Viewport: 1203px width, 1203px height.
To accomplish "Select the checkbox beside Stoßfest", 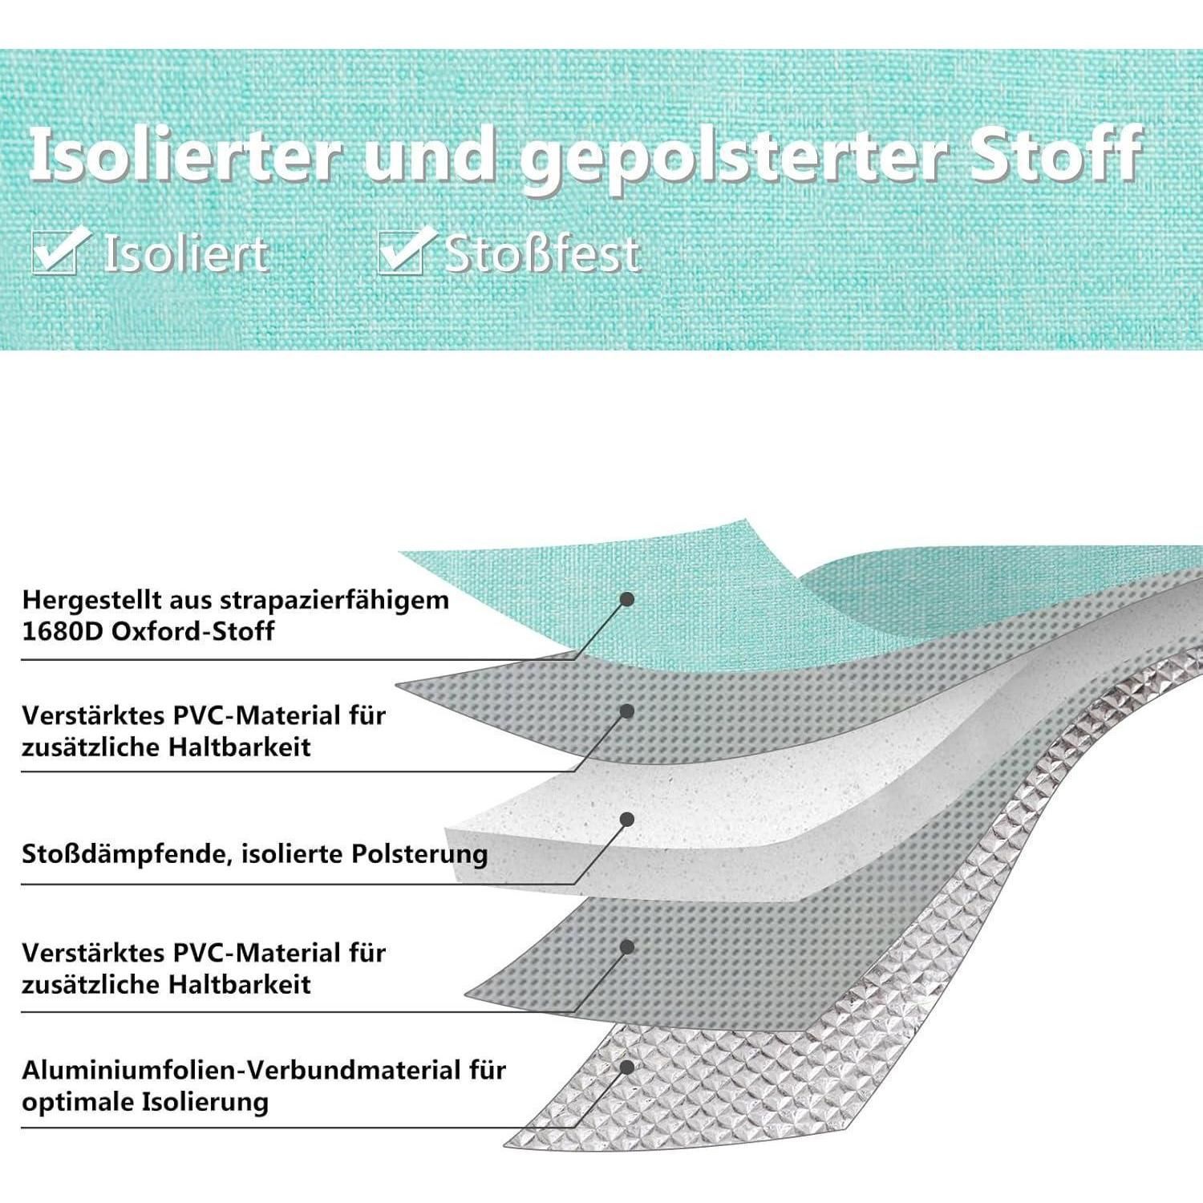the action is click(x=405, y=250).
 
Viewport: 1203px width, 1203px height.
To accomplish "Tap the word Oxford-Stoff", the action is click(x=192, y=631).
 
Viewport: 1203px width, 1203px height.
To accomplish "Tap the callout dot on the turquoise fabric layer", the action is click(x=628, y=599).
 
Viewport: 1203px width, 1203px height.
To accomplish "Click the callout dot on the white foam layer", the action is click(x=628, y=819).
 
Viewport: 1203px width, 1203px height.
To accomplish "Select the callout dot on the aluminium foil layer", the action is click(x=627, y=1067).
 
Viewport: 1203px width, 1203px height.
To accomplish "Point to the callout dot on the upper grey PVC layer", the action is click(x=628, y=711).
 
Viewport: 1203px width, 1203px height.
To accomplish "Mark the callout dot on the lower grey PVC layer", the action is click(x=628, y=947).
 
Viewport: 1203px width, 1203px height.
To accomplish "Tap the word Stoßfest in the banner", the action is click(x=543, y=253).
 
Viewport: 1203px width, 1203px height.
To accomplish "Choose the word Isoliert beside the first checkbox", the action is click(x=186, y=253).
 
